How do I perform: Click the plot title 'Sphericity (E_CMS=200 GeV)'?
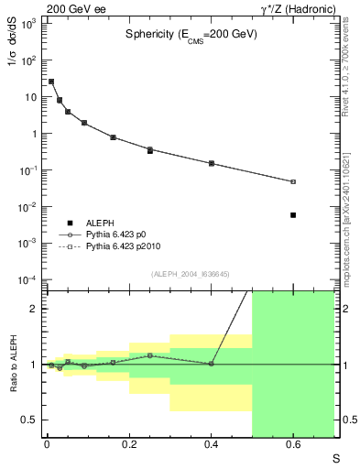pos(191,34)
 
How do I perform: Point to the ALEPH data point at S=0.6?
pos(293,215)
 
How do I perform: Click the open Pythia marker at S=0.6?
pos(293,181)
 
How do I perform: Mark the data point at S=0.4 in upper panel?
pos(212,163)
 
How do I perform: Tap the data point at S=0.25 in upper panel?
pos(150,150)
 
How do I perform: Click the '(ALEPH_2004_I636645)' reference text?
pos(190,274)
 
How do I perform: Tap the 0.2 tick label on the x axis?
pos(129,445)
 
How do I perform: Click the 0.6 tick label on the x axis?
pos(293,445)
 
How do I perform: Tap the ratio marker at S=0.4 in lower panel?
pos(212,364)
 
